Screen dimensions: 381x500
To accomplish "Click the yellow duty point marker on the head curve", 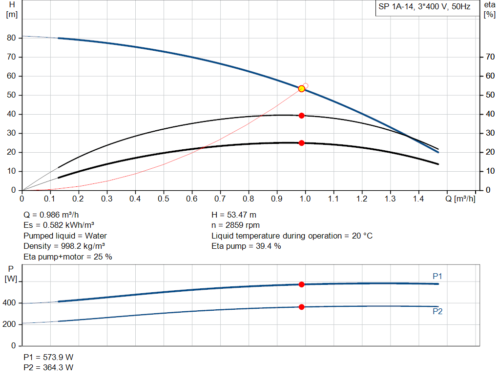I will click(301, 89).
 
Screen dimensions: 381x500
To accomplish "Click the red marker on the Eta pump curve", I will click(301, 116).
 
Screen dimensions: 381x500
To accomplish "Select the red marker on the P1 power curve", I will click(301, 284).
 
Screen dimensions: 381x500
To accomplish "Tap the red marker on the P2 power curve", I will click(301, 307).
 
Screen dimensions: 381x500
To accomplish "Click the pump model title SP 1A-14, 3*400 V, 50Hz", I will click(424, 7).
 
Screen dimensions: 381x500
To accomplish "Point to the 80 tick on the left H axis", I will click(11, 38).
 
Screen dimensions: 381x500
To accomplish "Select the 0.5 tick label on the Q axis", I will click(163, 199).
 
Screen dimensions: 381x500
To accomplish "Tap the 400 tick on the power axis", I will click(11, 303).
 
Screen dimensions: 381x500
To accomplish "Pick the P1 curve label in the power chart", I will click(437, 276).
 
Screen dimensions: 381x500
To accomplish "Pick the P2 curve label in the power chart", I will click(437, 311).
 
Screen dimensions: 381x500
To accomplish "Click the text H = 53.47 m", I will click(234, 215).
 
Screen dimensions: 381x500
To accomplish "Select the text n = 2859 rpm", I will click(235, 225).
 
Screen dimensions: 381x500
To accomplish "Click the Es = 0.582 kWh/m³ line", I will click(59, 225).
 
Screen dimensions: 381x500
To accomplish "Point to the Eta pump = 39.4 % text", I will click(246, 246).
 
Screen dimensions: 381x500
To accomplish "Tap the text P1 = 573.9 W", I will click(48, 357).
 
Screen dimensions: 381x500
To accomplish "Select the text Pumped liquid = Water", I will click(65, 236).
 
